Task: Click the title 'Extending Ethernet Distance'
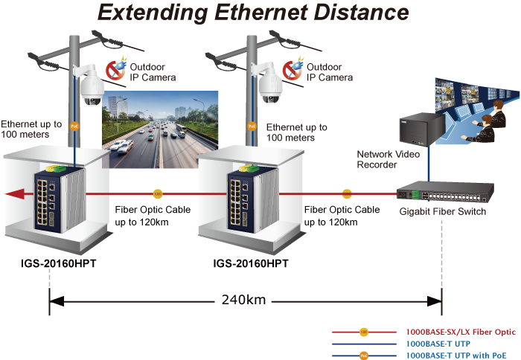[x=253, y=13]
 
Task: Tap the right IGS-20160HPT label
[x=251, y=264]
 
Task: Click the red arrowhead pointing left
[x=10, y=194]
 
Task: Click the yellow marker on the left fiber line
[x=157, y=194]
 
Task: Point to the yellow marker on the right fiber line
[x=347, y=194]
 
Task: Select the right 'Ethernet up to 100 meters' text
[x=296, y=132]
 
